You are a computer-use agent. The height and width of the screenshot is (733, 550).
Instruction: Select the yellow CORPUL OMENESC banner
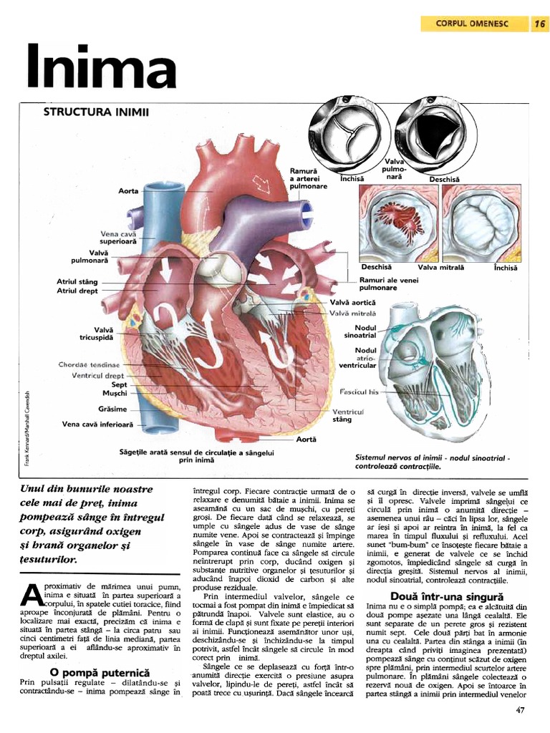point(472,24)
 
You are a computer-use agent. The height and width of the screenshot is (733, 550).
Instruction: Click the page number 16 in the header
point(539,24)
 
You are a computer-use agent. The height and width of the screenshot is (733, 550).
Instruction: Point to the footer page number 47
point(521,711)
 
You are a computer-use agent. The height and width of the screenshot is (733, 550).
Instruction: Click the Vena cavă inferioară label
point(97,424)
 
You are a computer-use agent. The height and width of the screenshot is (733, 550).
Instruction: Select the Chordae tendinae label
point(90,365)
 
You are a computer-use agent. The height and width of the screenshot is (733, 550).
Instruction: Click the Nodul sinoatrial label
point(360,331)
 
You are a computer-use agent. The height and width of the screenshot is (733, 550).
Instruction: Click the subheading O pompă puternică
point(99,673)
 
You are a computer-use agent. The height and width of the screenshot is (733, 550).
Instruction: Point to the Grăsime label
point(112,409)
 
